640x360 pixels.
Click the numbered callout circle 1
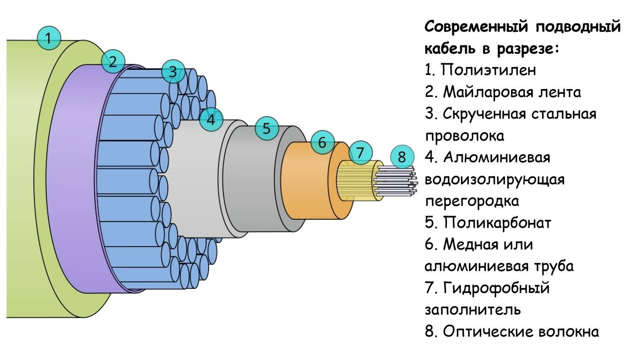tap(49, 37)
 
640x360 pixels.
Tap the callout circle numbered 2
tap(113, 60)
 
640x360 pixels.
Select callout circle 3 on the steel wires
tap(173, 72)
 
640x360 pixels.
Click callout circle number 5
tap(267, 128)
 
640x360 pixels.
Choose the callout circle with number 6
tap(322, 142)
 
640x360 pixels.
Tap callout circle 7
tap(360, 152)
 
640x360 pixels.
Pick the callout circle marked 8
tap(402, 157)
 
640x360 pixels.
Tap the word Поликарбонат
tap(497, 222)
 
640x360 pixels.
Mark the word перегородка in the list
tap(472, 201)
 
